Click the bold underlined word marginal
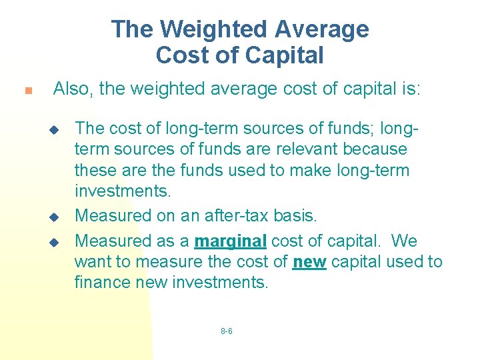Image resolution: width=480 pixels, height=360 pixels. [x=231, y=239]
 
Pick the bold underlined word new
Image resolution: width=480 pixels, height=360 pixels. [x=309, y=261]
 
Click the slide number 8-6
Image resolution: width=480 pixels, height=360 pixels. [x=226, y=331]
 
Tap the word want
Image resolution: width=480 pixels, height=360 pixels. [x=90, y=261]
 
